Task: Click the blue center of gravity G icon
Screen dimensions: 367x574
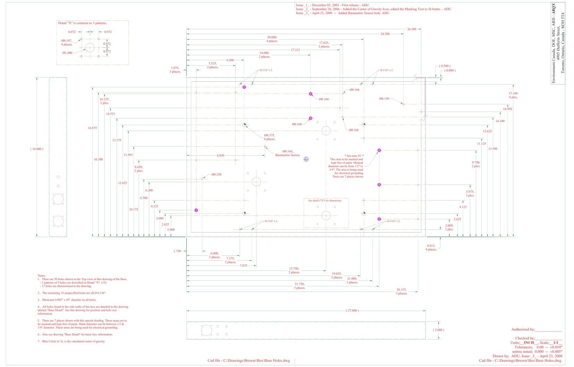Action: point(306,159)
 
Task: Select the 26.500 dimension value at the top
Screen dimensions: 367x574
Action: point(412,29)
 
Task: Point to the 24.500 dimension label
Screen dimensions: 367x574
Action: point(385,34)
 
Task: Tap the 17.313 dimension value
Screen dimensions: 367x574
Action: point(295,50)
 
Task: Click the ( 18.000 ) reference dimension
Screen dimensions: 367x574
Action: point(37,149)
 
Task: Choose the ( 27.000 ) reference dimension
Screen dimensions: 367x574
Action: point(352,310)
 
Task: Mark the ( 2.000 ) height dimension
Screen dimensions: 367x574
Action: point(438,330)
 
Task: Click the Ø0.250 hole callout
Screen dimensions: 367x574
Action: point(216,174)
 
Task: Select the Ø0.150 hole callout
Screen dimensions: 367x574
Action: point(384,99)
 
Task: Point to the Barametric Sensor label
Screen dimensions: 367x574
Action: point(288,155)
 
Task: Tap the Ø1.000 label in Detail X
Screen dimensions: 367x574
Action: point(68,53)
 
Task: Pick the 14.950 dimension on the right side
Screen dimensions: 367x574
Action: point(507,109)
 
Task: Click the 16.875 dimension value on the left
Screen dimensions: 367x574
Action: point(92,128)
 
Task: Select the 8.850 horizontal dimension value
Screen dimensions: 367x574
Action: point(220,156)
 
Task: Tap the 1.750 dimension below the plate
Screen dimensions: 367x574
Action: point(177,251)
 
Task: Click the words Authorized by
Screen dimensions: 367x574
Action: point(523,329)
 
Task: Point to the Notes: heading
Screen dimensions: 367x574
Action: point(42,276)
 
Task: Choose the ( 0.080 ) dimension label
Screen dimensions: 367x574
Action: point(450,71)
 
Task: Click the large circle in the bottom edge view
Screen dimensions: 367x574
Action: point(206,330)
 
